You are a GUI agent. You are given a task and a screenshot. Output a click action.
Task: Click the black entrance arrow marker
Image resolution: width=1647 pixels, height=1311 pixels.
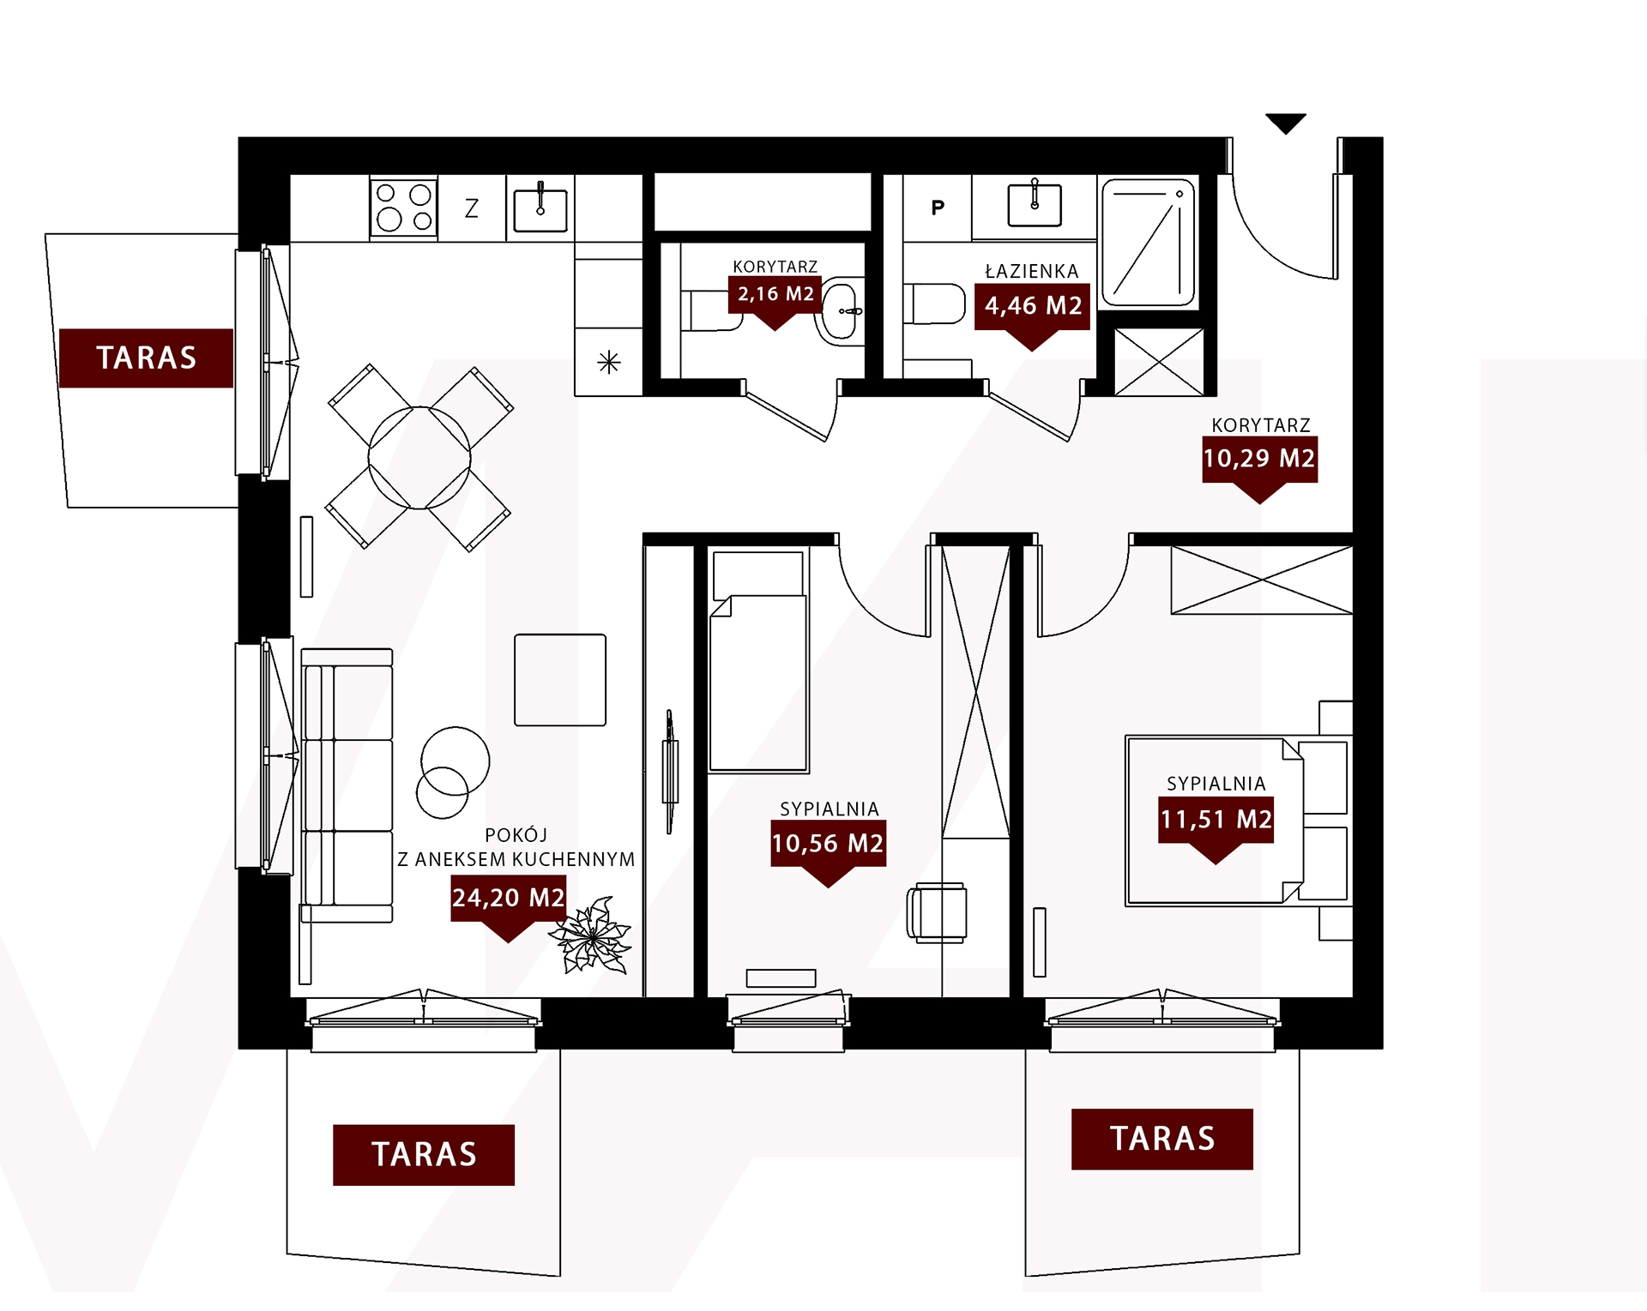point(1286,123)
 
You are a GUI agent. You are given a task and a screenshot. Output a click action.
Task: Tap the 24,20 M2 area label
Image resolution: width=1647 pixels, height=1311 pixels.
point(508,899)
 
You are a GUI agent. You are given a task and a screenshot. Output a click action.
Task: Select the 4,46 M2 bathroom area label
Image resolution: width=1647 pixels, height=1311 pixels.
point(1033,306)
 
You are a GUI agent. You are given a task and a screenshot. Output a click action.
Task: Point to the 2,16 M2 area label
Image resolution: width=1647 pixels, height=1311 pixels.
point(775,294)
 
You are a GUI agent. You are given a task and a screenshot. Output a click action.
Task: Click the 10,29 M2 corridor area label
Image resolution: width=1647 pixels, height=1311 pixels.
point(1259,459)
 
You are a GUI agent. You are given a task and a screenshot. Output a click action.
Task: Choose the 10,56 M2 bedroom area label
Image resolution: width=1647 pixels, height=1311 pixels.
point(828,844)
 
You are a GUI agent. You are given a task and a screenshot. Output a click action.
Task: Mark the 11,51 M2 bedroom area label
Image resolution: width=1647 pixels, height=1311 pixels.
point(1216,820)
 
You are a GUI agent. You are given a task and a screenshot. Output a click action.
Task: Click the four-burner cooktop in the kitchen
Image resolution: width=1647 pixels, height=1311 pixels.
point(404,207)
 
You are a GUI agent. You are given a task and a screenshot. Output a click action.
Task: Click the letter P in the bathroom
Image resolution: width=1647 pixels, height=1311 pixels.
point(938,207)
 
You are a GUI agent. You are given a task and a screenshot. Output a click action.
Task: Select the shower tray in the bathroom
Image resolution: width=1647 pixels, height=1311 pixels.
point(1149,243)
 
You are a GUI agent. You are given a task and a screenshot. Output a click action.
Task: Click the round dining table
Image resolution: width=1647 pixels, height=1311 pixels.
point(419,458)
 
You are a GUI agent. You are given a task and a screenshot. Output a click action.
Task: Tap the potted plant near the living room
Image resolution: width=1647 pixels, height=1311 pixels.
point(592,936)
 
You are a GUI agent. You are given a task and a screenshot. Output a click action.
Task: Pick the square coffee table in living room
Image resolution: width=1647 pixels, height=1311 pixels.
point(560,680)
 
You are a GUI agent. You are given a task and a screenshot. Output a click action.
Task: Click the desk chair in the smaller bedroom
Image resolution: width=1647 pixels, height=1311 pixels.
point(937,913)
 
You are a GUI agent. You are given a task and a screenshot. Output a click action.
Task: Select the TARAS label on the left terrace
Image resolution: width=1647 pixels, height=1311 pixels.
point(147,358)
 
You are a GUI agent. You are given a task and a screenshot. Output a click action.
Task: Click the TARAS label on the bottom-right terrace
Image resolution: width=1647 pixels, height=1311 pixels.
point(1162,1140)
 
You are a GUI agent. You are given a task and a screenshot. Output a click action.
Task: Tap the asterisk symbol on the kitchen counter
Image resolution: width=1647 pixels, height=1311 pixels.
point(609,363)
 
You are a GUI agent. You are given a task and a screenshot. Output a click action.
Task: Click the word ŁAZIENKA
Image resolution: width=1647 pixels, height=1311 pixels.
point(1032,272)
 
